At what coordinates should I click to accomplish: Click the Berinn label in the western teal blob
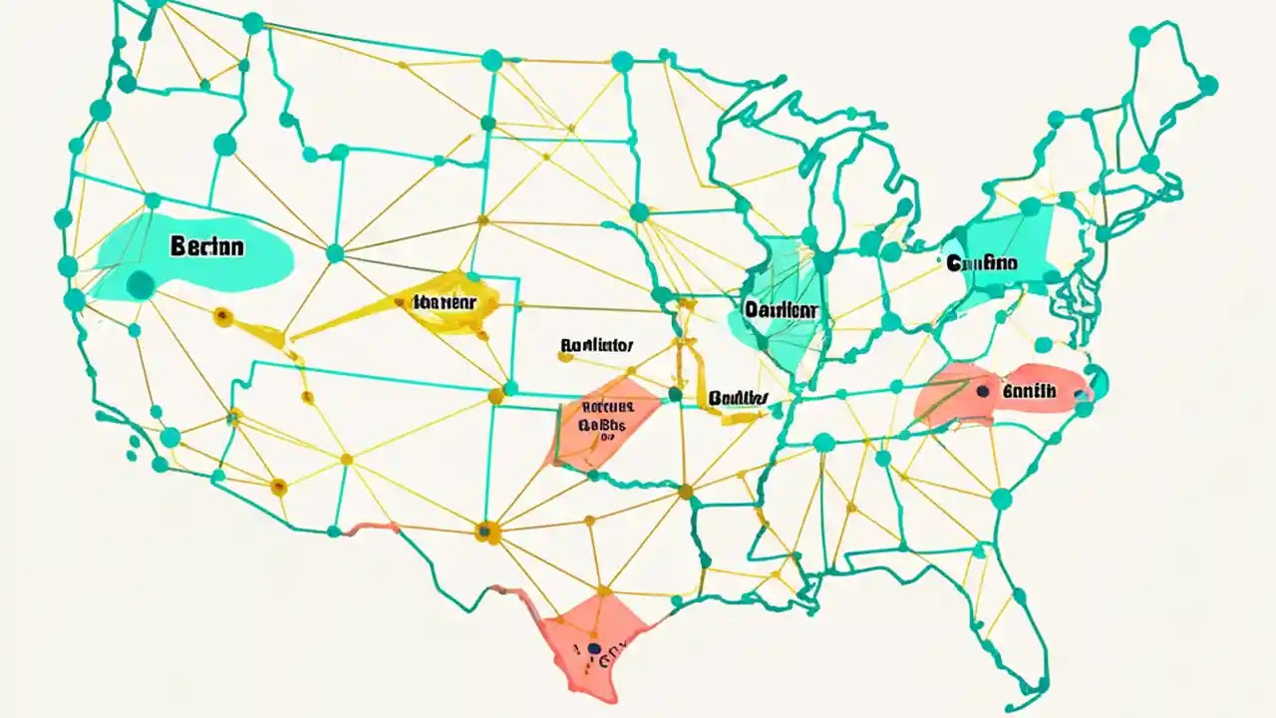[207, 247]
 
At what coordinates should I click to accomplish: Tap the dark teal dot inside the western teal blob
[141, 285]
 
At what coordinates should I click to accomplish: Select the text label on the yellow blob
[443, 301]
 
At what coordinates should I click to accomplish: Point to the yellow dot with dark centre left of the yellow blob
[223, 318]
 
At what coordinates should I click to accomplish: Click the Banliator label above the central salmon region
[596, 347]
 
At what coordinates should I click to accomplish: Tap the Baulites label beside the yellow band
[739, 398]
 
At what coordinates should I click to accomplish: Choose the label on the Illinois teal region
[781, 310]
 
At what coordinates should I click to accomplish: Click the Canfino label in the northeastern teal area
[982, 263]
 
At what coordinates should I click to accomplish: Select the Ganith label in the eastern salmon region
[1029, 392]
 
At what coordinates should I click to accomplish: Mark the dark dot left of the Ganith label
[984, 392]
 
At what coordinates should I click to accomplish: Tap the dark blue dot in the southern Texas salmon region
[595, 649]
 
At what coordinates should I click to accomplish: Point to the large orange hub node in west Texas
[485, 533]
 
